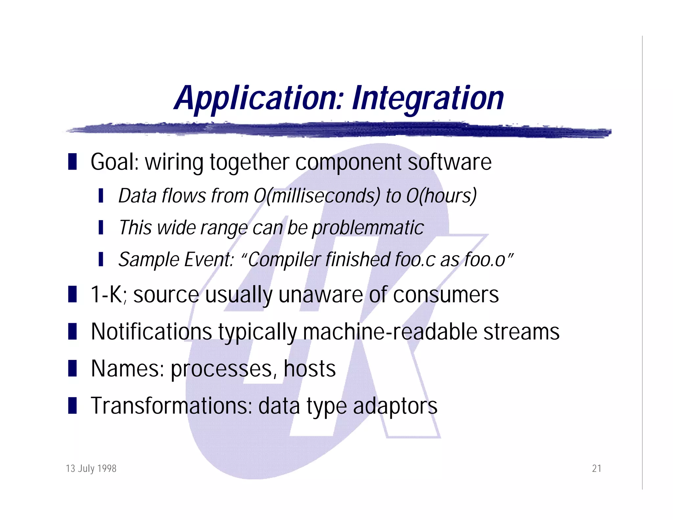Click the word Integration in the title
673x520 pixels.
tap(428, 98)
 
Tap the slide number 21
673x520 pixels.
tap(596, 468)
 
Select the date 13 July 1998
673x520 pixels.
tap(91, 468)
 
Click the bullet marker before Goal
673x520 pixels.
tap(72, 162)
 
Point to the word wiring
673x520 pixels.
tap(174, 162)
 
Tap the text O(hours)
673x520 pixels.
tap(441, 196)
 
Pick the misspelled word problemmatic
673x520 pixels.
tap(368, 228)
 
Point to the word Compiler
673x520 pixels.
tap(284, 260)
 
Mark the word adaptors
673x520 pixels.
tap(395, 406)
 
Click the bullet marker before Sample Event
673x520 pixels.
tap(101, 259)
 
